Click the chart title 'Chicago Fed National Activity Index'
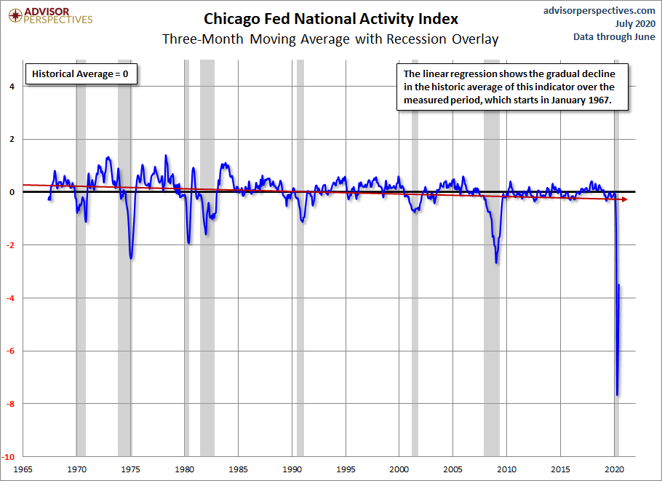330,19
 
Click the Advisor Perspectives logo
50,15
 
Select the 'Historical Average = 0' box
81,74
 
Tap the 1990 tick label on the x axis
292,469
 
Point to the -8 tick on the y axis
10,404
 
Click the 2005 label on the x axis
452,469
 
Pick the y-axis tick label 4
12,87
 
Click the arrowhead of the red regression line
625,199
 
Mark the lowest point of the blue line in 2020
617,395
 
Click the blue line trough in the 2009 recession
496,263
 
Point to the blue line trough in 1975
131,258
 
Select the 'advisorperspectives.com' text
599,11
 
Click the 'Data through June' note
614,36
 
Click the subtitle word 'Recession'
416,39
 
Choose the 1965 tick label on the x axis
23,469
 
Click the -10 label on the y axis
9,457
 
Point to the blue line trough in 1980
188,242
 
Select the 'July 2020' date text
635,23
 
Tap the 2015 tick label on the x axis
560,469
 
